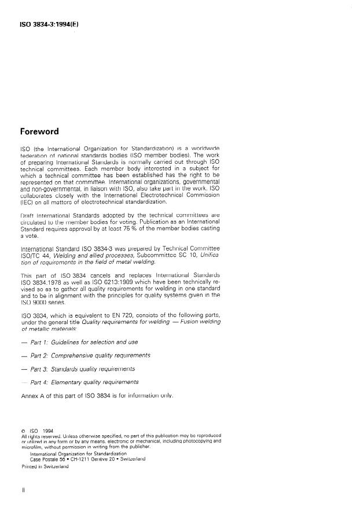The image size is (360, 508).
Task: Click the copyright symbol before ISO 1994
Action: [23, 430]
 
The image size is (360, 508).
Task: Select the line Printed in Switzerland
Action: [44, 467]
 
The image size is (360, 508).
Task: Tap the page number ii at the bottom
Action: [23, 490]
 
